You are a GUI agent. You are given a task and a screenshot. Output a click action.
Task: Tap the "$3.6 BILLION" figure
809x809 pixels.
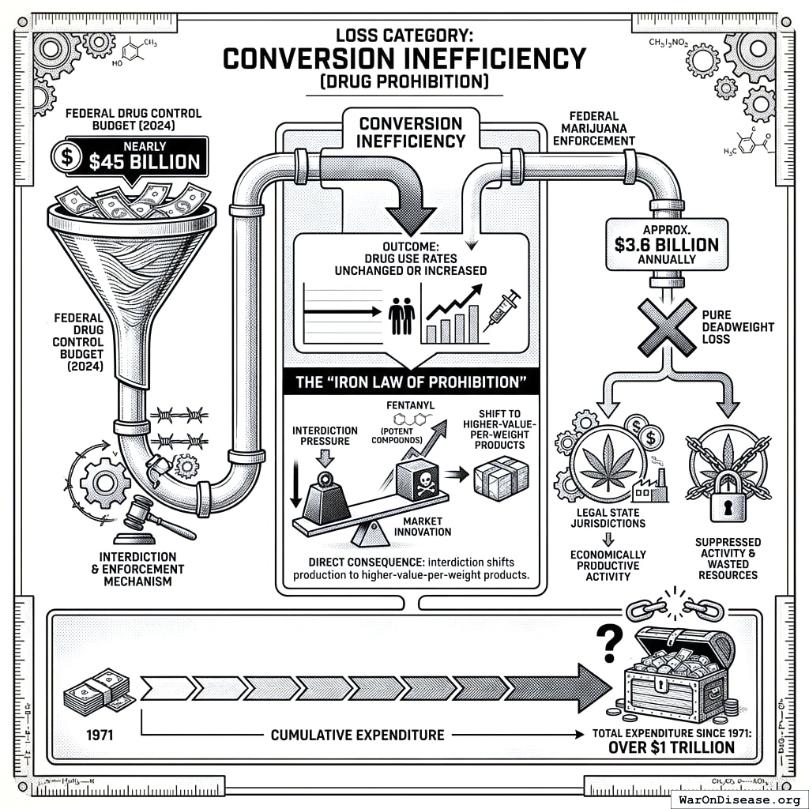[x=666, y=245]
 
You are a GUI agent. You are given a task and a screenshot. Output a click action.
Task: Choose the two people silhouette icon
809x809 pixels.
[x=402, y=316]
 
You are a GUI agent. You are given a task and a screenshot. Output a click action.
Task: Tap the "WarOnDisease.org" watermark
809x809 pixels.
[x=740, y=798]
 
